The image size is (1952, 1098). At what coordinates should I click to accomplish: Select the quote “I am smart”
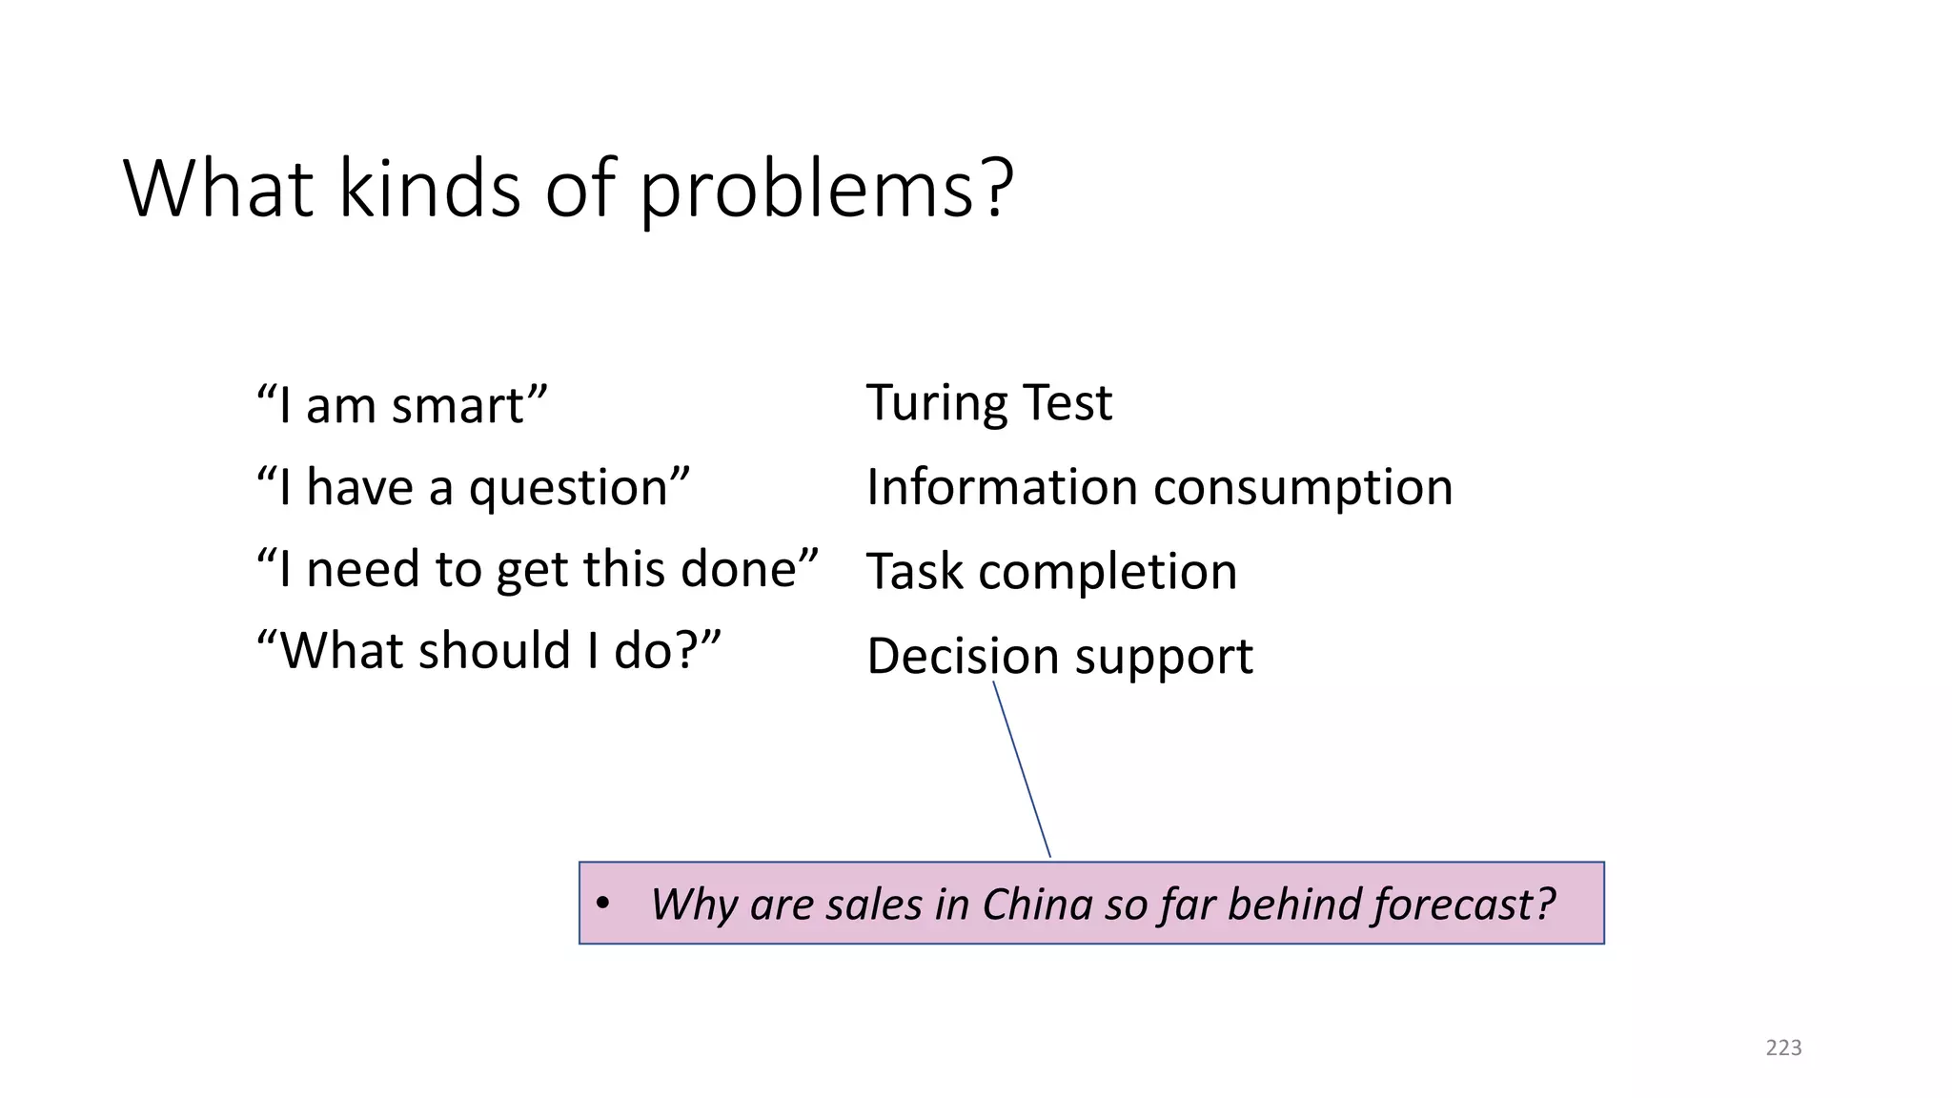click(402, 405)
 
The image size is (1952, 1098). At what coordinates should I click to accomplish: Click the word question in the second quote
click(579, 488)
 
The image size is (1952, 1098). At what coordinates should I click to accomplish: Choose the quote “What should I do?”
click(489, 651)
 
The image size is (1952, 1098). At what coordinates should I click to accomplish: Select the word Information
click(1003, 487)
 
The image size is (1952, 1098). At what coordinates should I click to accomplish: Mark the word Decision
click(963, 657)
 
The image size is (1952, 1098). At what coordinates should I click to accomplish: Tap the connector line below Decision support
click(1022, 768)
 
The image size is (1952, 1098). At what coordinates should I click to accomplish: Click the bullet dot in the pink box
click(601, 903)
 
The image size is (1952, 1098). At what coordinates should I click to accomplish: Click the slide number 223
click(1783, 1047)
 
